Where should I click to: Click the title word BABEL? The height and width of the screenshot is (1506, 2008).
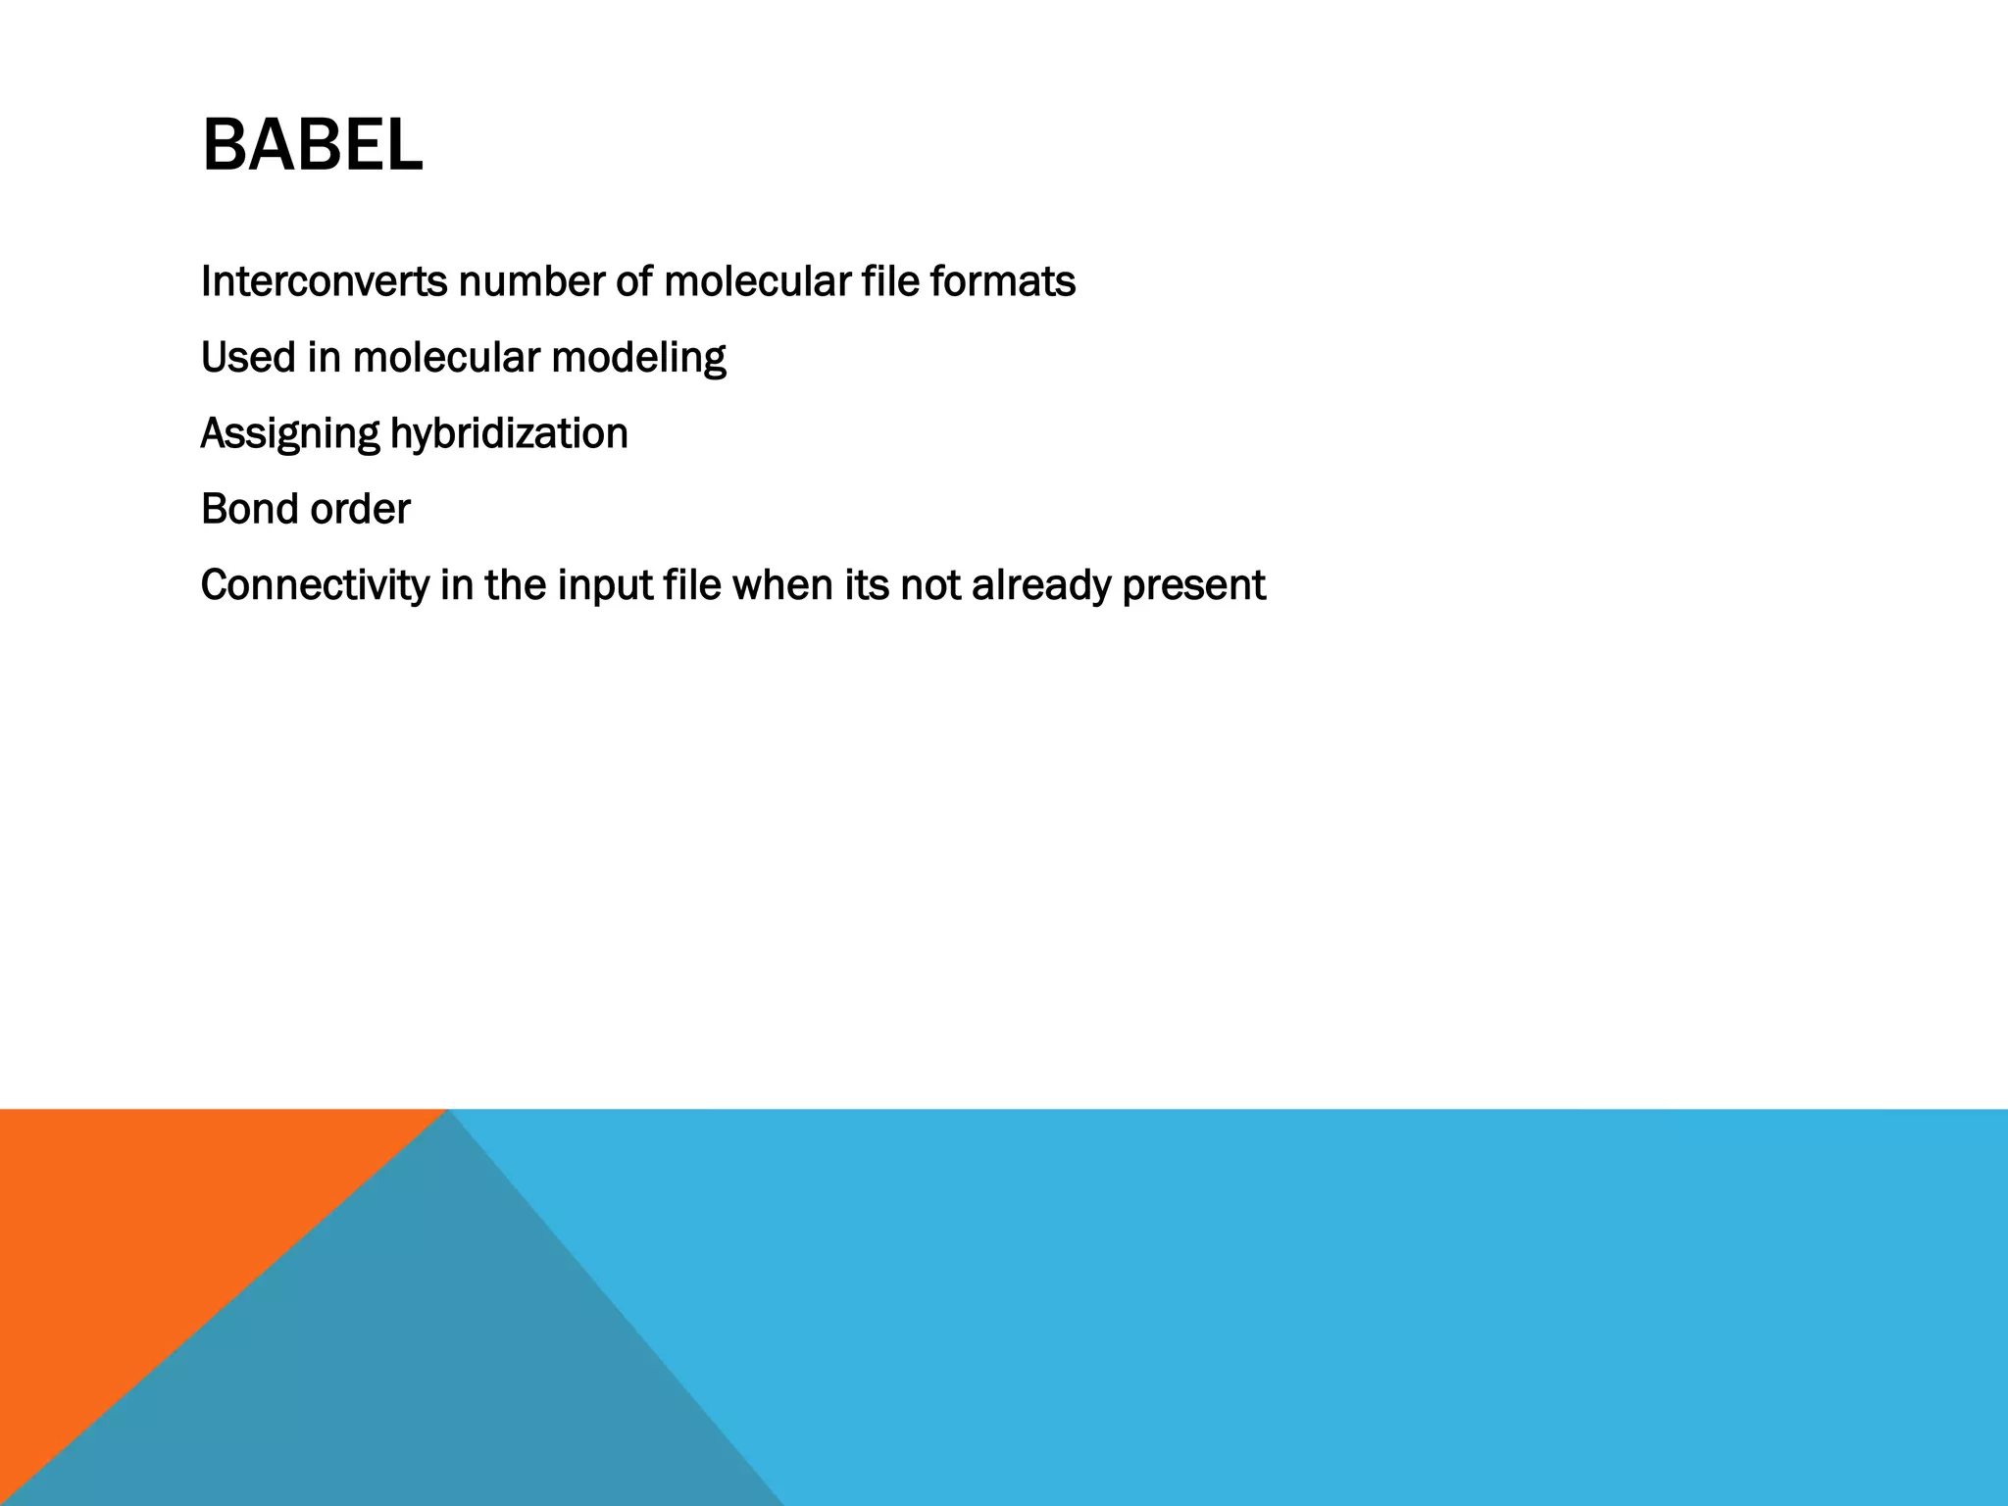click(312, 145)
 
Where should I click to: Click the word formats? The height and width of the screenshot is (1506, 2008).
click(1002, 282)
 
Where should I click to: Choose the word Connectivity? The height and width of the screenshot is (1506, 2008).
click(315, 586)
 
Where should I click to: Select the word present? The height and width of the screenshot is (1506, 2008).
click(1193, 586)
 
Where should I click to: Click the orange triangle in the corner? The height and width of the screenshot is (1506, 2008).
click(147, 1226)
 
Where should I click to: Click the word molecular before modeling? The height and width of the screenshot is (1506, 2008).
click(446, 358)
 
